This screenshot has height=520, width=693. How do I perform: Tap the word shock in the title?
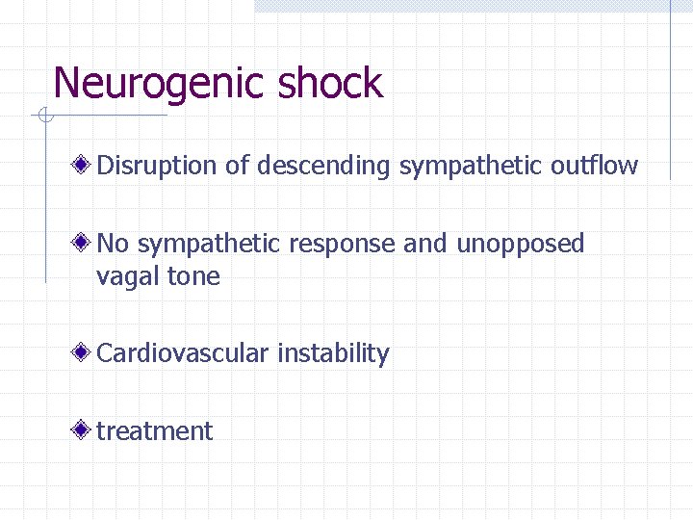[x=330, y=83]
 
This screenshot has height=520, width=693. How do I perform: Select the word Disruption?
[x=158, y=166]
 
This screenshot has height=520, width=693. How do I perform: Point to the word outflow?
[x=594, y=166]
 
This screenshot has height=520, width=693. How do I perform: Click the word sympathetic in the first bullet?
[x=472, y=166]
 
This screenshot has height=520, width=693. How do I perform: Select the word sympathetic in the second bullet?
[x=203, y=245]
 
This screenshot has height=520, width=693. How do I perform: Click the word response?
[x=342, y=245]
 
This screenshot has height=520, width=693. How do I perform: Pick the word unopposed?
[x=520, y=245]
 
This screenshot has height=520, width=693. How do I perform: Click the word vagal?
[x=128, y=277]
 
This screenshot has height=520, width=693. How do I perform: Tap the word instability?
[x=333, y=353]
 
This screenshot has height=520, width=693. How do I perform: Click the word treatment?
[x=154, y=431]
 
